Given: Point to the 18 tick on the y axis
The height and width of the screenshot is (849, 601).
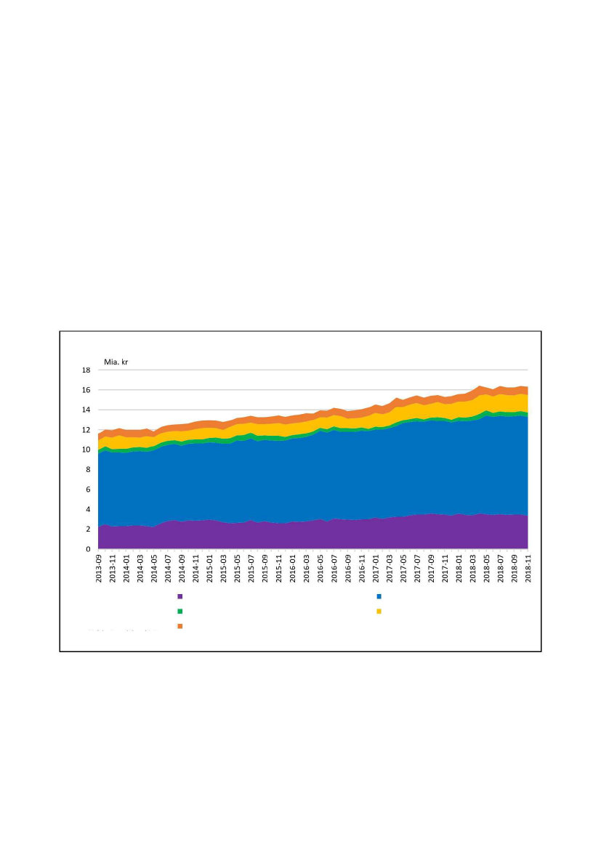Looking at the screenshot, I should pos(85,370).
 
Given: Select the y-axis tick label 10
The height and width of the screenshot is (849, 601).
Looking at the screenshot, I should pos(85,450).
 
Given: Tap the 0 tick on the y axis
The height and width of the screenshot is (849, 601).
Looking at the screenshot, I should pos(87,550).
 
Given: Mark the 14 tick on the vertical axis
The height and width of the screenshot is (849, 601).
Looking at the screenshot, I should pos(85,410).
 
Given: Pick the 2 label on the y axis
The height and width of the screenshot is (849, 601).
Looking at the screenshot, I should pos(87,530).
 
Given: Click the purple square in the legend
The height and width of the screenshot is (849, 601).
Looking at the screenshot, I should pos(180,597).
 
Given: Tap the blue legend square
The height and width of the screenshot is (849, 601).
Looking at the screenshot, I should pos(379,597).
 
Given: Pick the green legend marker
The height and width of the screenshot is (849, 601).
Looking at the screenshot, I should pos(180,612).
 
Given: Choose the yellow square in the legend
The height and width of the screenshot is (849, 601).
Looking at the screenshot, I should pos(379,612).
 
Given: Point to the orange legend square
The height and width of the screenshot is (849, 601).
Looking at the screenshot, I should pos(180,626).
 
